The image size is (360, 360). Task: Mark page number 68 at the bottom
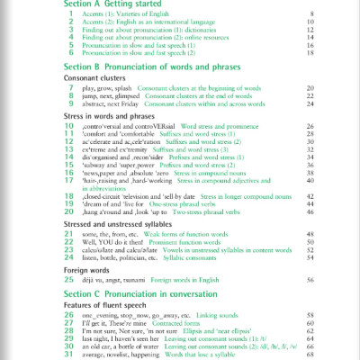(x=310, y=353)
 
